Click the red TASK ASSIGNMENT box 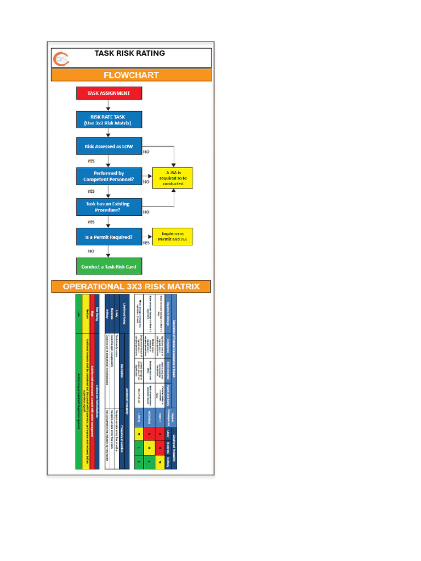(109, 93)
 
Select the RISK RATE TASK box (109, 119)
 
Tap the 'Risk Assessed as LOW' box (109, 146)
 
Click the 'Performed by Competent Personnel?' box (109, 176)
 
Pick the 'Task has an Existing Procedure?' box (109, 207)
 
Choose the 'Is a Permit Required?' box (109, 237)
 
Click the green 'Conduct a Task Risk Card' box (109, 267)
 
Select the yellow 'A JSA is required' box (173, 178)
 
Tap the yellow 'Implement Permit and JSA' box (173, 237)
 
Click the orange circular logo (60, 58)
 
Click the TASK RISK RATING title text (130, 54)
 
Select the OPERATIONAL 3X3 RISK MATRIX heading (131, 287)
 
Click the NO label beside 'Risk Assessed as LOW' (146, 151)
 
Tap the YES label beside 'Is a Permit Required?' (146, 243)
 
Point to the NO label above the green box (91, 251)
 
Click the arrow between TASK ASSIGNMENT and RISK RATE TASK (109, 105)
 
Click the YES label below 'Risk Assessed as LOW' (91, 161)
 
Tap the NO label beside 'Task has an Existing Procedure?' (146, 211)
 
